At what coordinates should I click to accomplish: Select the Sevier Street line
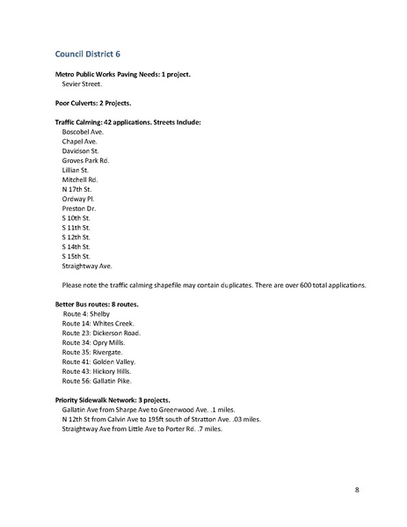[x=82, y=85]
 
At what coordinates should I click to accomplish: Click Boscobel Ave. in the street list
[x=83, y=131]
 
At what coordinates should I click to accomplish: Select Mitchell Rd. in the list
[x=80, y=179]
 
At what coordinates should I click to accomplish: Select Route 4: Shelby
[x=85, y=313]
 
